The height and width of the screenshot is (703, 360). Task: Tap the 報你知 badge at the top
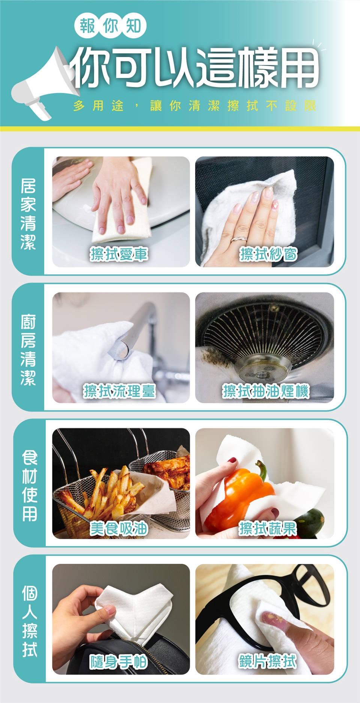pos(110,26)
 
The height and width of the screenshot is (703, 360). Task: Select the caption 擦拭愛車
pos(119,254)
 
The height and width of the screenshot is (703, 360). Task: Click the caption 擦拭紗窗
pos(269,254)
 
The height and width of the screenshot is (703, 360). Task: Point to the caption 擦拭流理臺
pos(119,391)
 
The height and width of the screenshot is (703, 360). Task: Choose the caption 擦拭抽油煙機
pos(266,391)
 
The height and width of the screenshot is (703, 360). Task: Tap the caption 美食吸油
pos(119,529)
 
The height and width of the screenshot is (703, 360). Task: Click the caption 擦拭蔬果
pos(268,529)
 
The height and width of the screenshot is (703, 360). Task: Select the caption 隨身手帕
pos(118,662)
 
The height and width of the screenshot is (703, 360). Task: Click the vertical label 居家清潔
pos(28,214)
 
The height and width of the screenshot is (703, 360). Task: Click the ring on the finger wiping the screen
pos(239,238)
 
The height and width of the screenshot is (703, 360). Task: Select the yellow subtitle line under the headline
pos(195,106)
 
